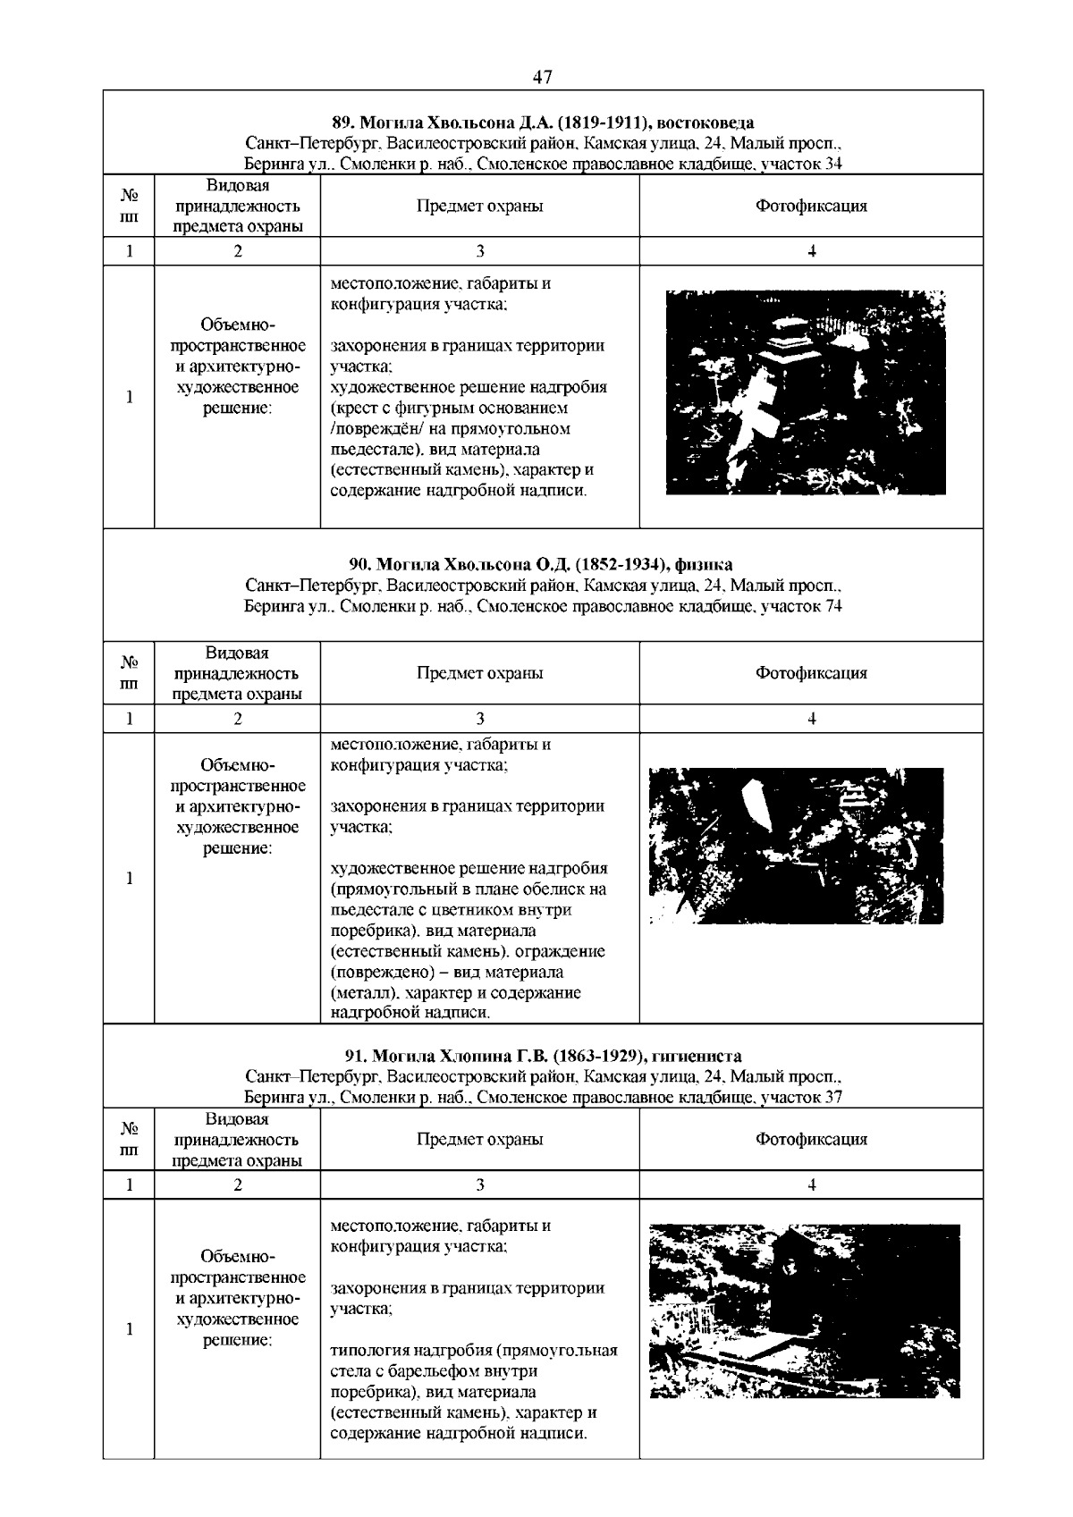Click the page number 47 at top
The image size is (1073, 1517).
point(542,78)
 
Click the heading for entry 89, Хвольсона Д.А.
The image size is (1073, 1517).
point(543,122)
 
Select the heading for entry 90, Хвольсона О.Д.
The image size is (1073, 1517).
point(541,564)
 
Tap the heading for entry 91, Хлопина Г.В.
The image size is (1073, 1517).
point(543,1056)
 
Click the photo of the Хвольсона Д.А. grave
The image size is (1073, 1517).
point(806,392)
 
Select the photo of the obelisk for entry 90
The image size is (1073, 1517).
point(796,845)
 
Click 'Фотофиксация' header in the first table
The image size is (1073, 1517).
point(811,206)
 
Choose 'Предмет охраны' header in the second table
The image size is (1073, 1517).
point(479,673)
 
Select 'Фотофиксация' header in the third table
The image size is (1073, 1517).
point(811,1139)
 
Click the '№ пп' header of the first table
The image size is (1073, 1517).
point(129,206)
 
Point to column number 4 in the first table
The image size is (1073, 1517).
point(811,251)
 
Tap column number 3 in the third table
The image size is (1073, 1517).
point(479,1184)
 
